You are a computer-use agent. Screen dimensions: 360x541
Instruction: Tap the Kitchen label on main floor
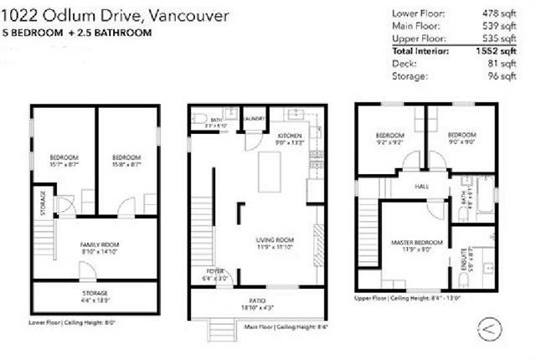click(289, 136)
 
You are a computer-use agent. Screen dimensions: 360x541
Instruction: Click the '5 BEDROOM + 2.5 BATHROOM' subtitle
click(80, 33)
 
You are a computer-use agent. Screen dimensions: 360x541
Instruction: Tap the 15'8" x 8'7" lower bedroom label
click(126, 160)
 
